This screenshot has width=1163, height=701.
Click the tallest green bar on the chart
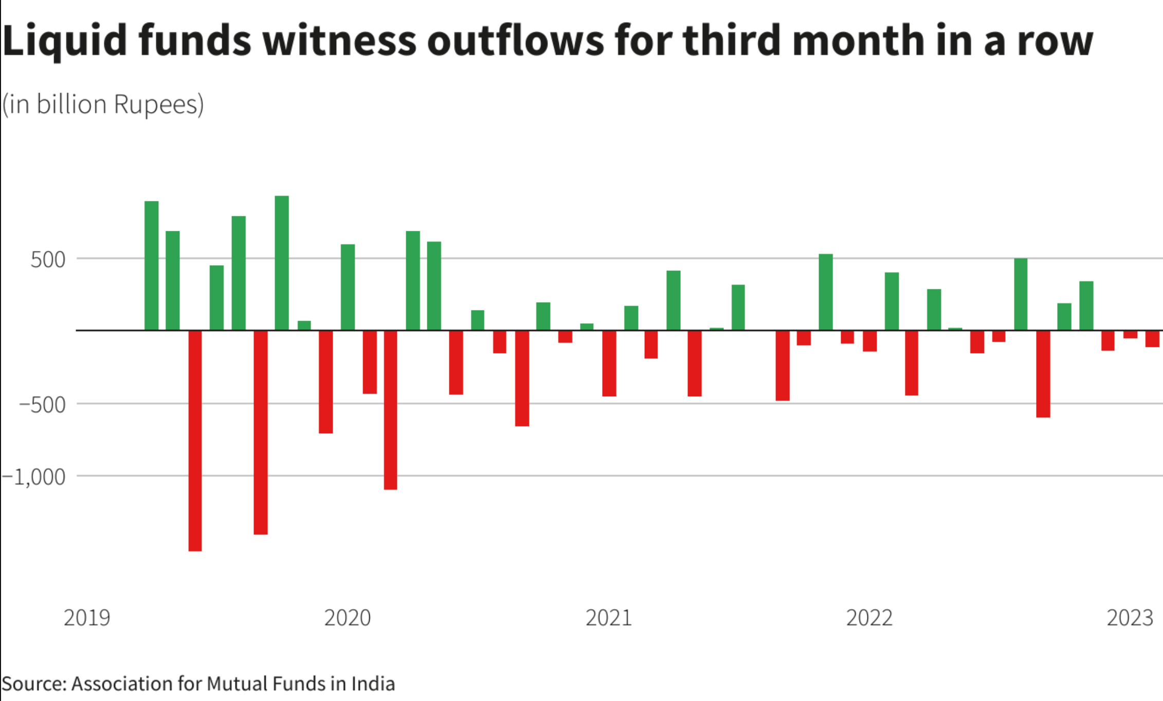[282, 263]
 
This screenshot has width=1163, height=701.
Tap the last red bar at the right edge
[1152, 339]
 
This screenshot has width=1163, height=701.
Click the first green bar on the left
[151, 265]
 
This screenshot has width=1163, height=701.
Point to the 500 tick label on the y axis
[48, 260]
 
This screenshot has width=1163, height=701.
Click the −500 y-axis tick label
[43, 405]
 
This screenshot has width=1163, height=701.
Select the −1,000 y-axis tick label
[34, 477]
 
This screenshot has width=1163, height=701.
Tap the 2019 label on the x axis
[87, 618]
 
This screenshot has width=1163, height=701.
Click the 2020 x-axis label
[348, 618]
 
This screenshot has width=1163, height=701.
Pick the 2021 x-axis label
[608, 618]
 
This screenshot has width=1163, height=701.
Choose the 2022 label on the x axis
[869, 618]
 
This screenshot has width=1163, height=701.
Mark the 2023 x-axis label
[1130, 618]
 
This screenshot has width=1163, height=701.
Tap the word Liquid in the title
[64, 41]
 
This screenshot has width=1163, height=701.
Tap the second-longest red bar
[261, 432]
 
